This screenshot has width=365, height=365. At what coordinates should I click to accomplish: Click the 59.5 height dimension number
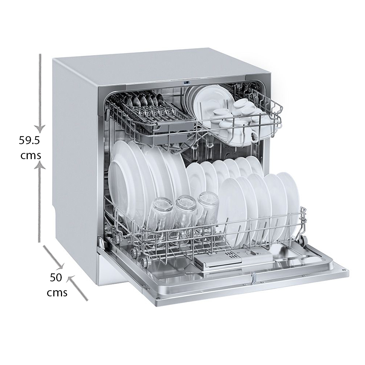(30, 141)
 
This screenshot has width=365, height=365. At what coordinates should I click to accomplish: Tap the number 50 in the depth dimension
(56, 277)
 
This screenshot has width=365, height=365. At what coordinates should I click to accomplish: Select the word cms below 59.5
(31, 156)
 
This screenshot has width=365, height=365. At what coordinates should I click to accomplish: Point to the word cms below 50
(57, 293)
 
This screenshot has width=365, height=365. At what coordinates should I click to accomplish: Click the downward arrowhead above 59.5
(40, 128)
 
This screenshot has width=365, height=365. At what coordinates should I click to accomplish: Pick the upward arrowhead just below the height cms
(40, 166)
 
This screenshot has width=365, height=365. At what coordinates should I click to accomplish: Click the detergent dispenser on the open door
(233, 259)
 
